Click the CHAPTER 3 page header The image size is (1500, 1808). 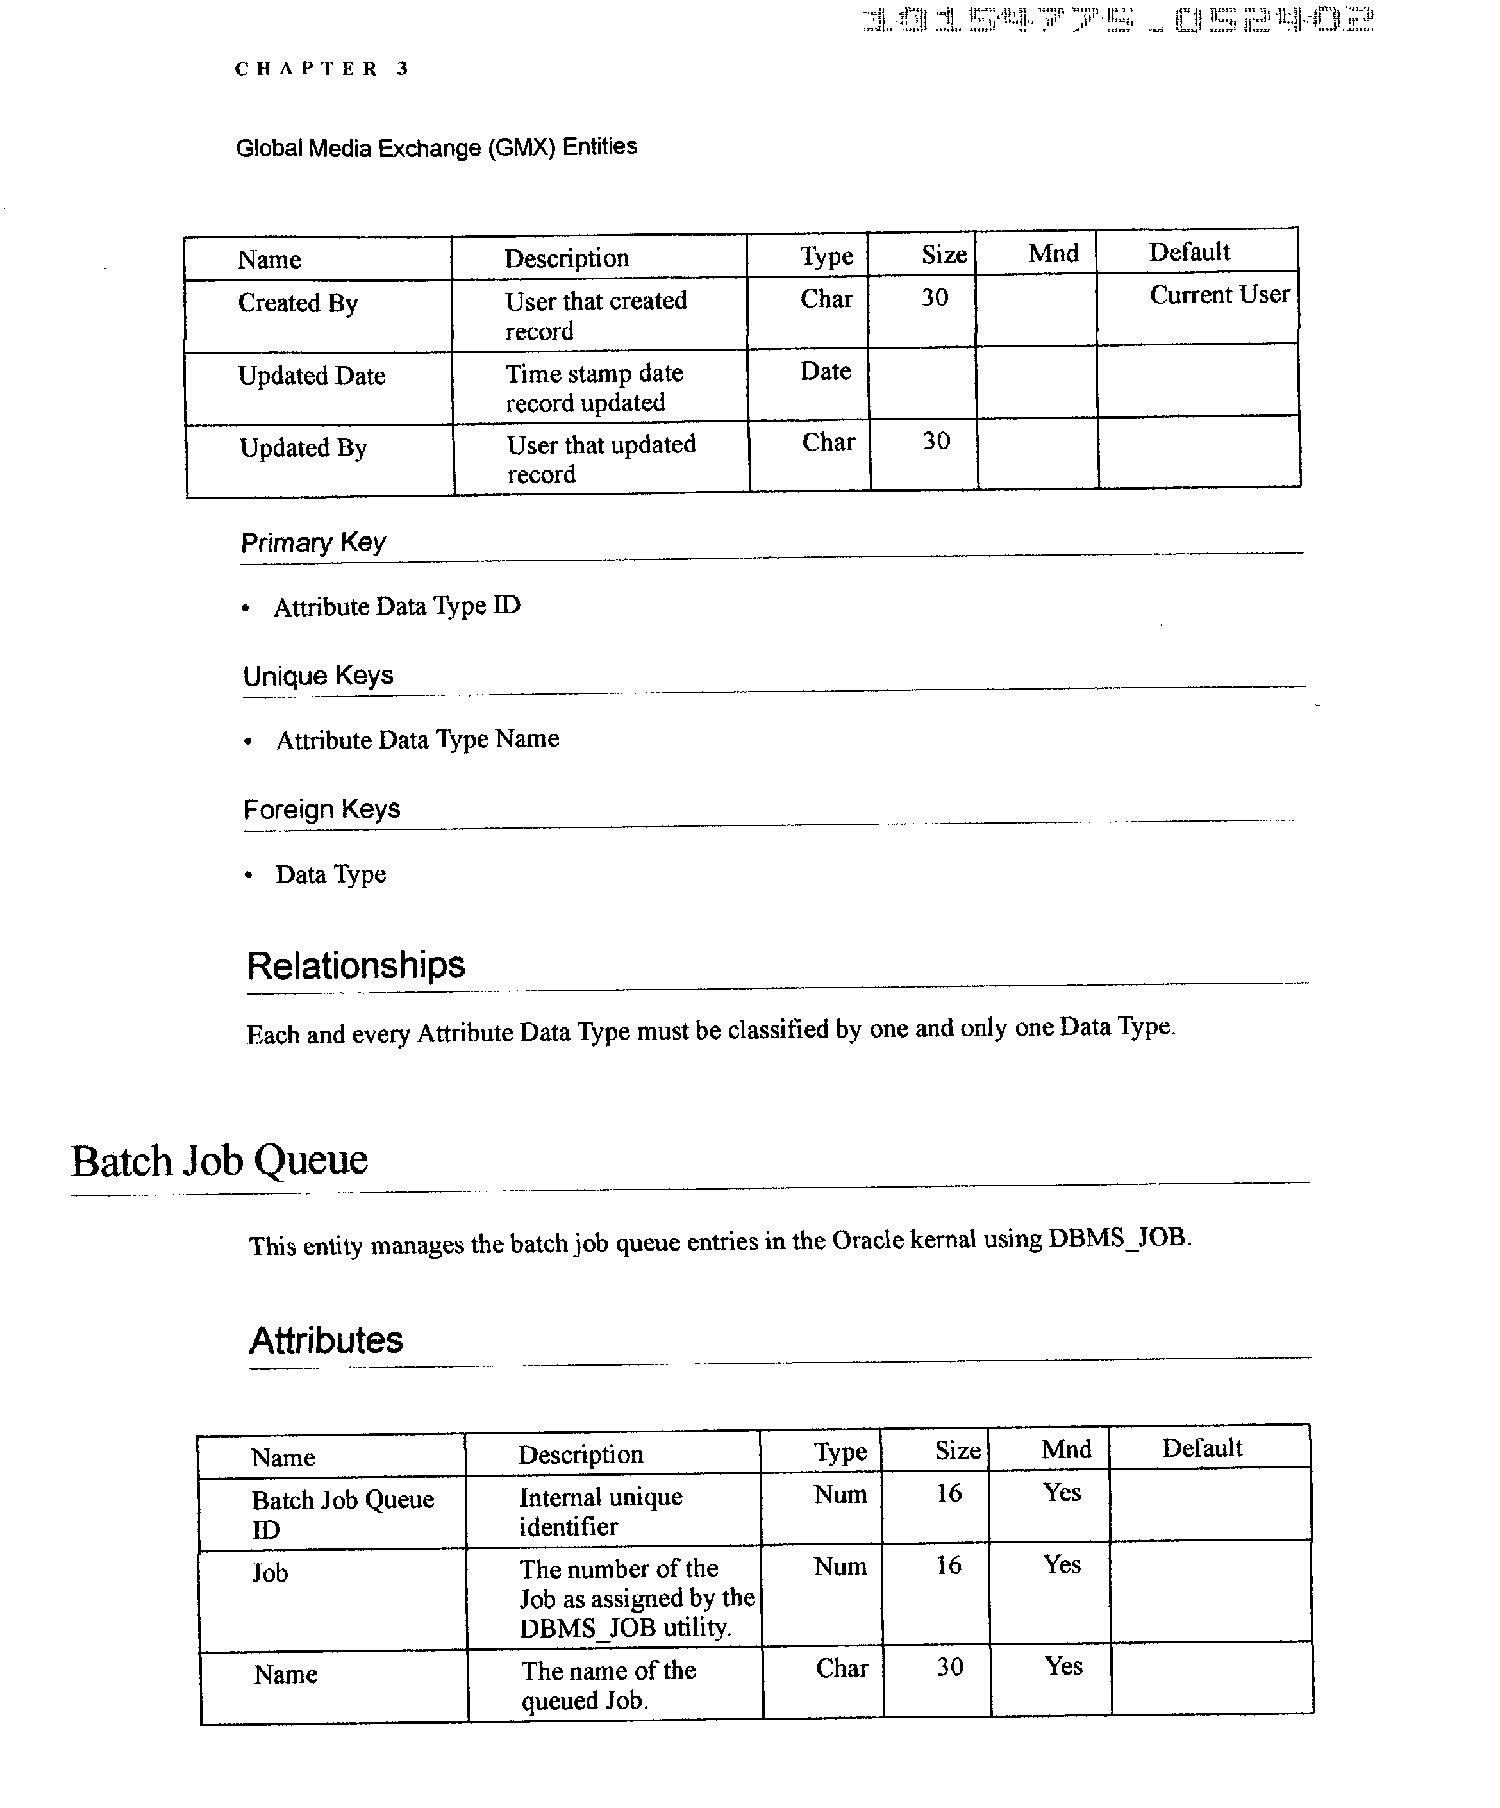(x=321, y=69)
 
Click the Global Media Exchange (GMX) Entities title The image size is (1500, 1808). (x=436, y=147)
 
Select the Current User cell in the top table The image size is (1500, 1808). (x=1219, y=295)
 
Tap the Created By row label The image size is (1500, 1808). (x=298, y=303)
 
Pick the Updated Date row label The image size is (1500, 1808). (x=312, y=376)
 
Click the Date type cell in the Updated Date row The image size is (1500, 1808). (x=825, y=372)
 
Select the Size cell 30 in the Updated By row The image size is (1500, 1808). (x=936, y=442)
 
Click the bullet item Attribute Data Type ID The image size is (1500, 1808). (x=397, y=606)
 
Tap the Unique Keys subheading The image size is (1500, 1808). (x=318, y=676)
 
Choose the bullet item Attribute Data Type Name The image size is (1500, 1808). (x=417, y=740)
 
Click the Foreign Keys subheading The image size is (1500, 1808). (x=321, y=809)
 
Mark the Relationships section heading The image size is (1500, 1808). (x=356, y=965)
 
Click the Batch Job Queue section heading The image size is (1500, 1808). (x=220, y=1161)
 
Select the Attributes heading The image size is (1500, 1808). (x=326, y=1341)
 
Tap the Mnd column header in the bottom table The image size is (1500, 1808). (x=1065, y=1450)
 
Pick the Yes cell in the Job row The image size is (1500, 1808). (x=1062, y=1564)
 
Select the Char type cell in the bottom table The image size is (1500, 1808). (x=841, y=1668)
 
